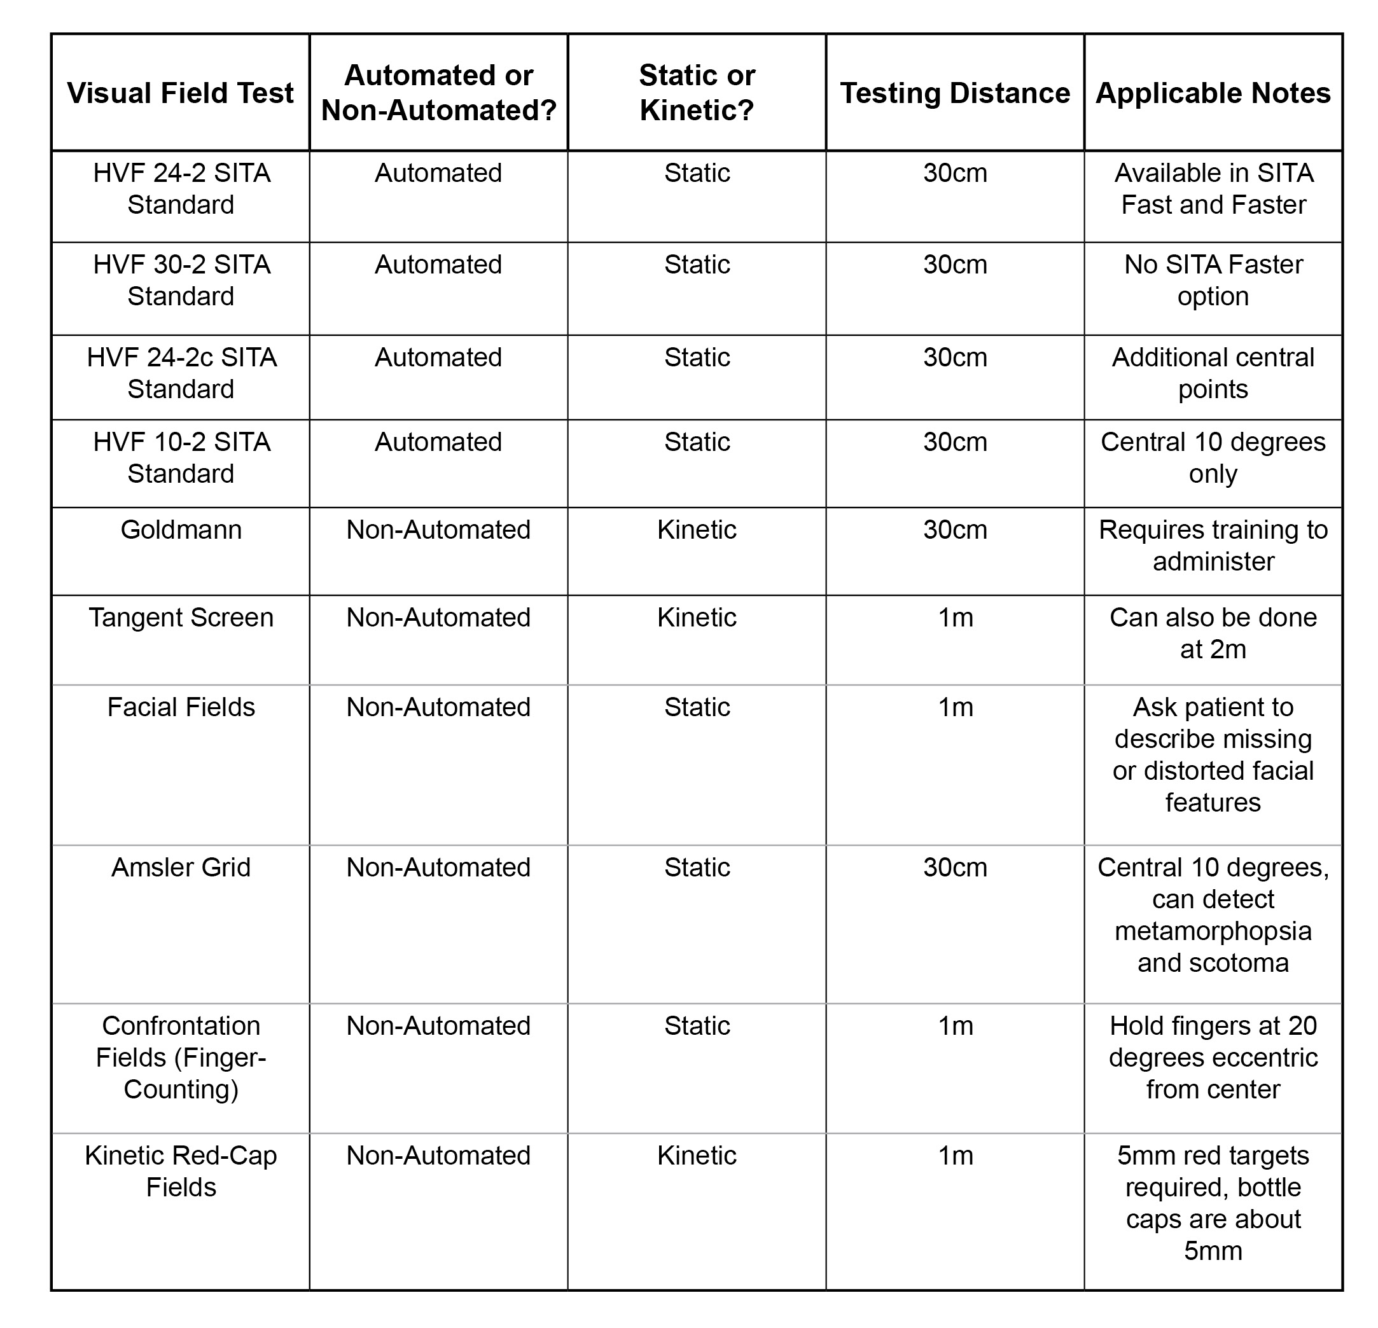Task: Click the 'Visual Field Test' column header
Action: point(180,93)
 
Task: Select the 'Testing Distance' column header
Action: point(955,93)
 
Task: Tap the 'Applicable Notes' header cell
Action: point(1213,93)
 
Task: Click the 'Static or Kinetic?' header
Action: point(697,93)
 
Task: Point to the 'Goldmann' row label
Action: point(181,529)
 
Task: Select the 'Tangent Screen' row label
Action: point(181,617)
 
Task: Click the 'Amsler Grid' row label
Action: point(181,867)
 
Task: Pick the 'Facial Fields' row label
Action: point(181,707)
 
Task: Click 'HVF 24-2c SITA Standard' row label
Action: point(181,373)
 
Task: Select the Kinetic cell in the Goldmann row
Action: point(697,529)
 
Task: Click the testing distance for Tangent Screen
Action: point(956,617)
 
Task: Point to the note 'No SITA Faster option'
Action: point(1213,280)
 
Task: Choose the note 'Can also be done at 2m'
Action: point(1213,633)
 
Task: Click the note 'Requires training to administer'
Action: point(1213,545)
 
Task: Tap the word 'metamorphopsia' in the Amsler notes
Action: point(1213,930)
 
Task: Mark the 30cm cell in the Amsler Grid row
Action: point(955,867)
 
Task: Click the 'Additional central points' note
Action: point(1213,373)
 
